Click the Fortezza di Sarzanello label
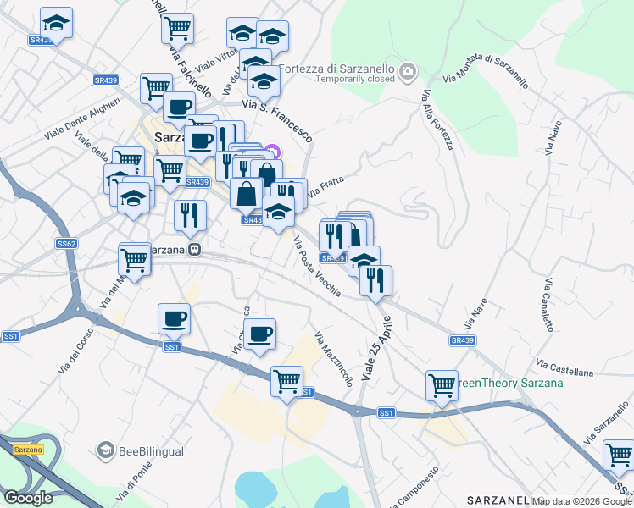point(338,68)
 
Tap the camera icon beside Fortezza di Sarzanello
point(409,71)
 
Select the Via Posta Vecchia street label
point(317,266)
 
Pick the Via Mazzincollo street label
point(333,358)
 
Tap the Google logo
point(28,497)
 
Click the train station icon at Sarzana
point(195,250)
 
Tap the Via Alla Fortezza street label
point(437,121)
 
